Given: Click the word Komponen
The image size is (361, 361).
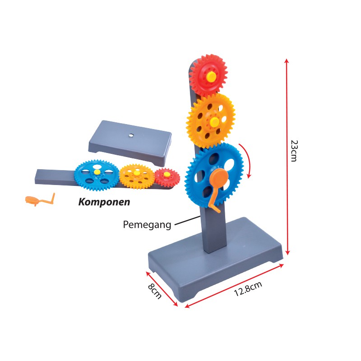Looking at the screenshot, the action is (x=104, y=202).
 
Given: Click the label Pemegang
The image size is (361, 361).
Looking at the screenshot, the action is (x=147, y=225).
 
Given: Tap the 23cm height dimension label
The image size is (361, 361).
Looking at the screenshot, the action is (x=295, y=151).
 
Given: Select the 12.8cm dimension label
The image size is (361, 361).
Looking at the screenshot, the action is (x=248, y=288).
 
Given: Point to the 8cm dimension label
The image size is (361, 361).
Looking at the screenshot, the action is (x=155, y=291).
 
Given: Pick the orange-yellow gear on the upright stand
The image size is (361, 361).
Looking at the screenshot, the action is (x=211, y=121).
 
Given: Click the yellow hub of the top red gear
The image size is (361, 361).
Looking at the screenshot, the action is (x=211, y=76).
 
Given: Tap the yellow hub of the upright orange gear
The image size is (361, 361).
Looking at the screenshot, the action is (x=214, y=122).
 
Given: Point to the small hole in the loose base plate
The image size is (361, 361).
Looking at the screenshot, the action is (x=131, y=135).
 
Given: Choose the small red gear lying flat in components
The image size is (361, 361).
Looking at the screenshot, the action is (x=167, y=177).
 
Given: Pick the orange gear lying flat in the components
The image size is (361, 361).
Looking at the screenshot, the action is (x=137, y=176).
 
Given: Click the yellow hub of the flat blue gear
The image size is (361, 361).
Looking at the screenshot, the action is (x=97, y=172).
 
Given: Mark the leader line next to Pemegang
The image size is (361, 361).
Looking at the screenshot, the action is (x=187, y=220).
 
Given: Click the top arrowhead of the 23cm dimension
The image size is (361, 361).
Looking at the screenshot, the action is (x=286, y=60).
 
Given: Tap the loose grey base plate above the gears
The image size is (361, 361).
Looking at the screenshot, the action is (x=130, y=143).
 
